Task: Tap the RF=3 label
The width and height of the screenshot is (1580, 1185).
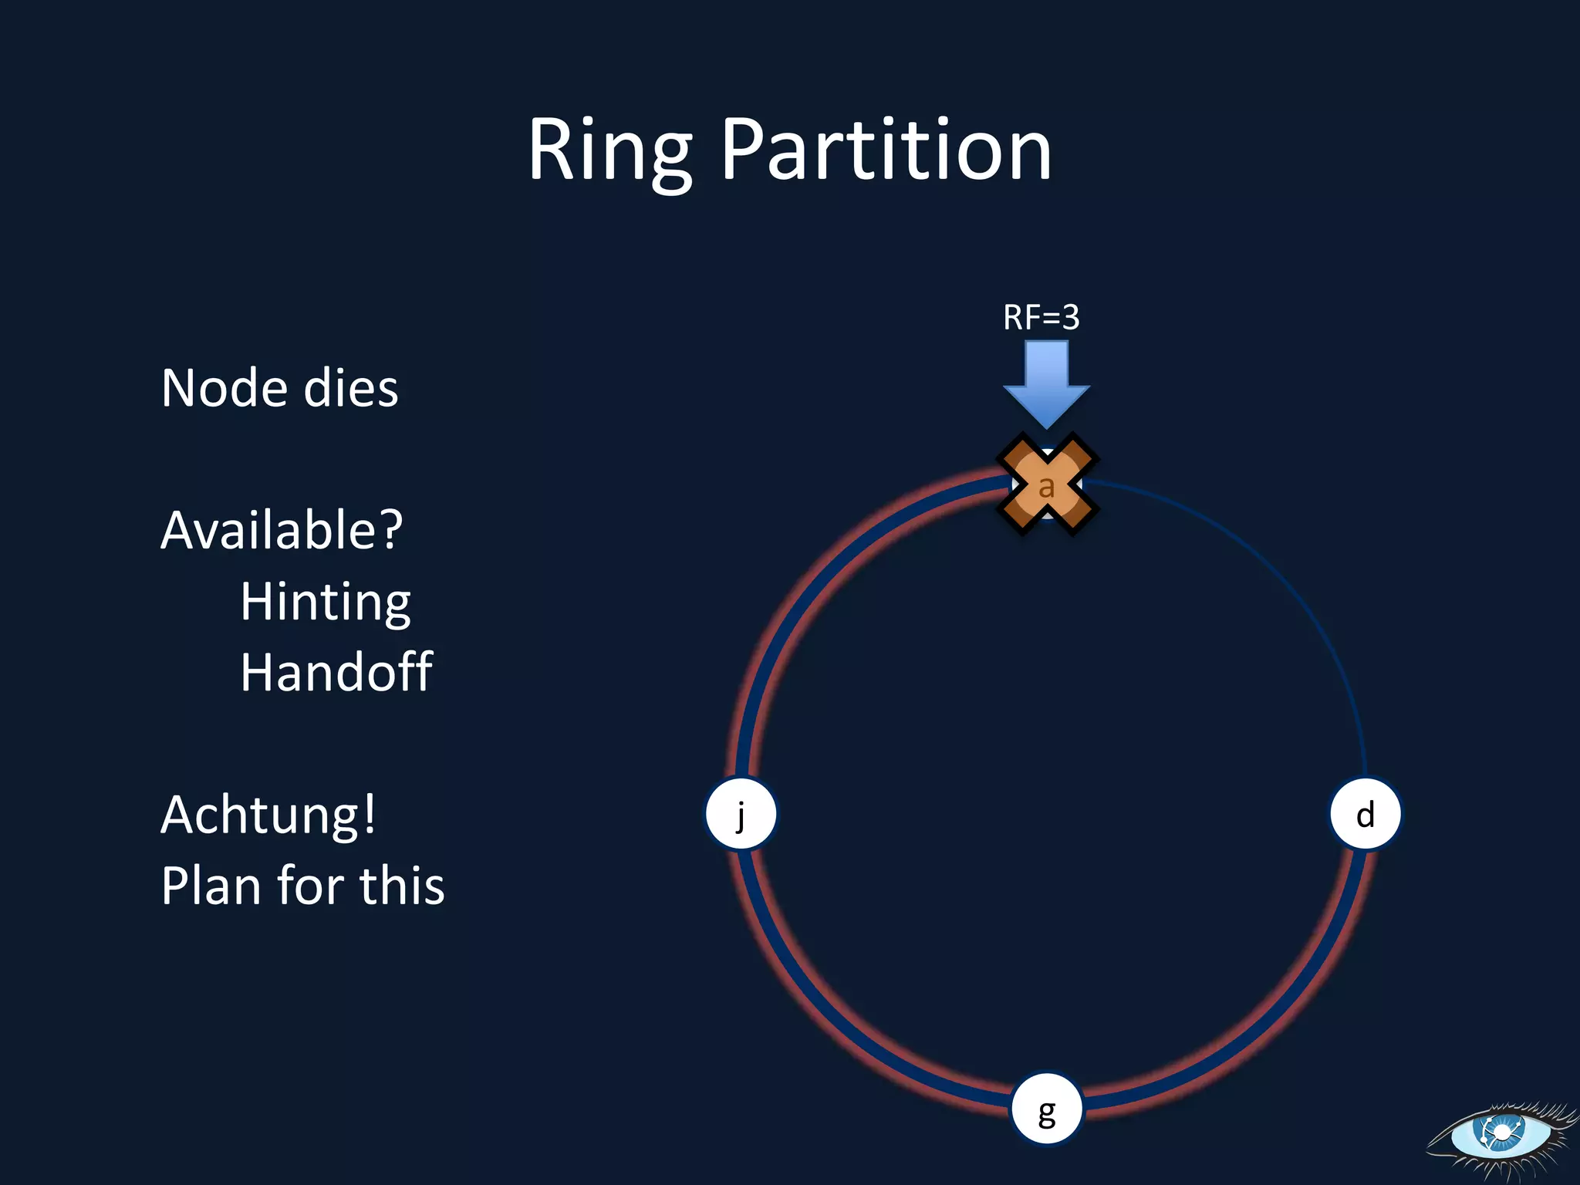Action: click(x=1041, y=317)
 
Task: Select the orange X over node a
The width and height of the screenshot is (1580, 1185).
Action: click(x=1047, y=484)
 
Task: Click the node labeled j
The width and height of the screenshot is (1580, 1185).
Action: click(x=741, y=814)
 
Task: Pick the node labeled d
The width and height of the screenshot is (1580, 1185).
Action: click(x=1365, y=814)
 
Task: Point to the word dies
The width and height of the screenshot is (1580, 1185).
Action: click(x=351, y=387)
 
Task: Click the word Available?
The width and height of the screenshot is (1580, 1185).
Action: click(x=282, y=531)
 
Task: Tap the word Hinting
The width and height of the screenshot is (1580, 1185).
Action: click(x=325, y=602)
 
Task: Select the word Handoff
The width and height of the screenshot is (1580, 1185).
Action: click(x=336, y=672)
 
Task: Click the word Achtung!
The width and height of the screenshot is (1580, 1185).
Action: click(x=268, y=815)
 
